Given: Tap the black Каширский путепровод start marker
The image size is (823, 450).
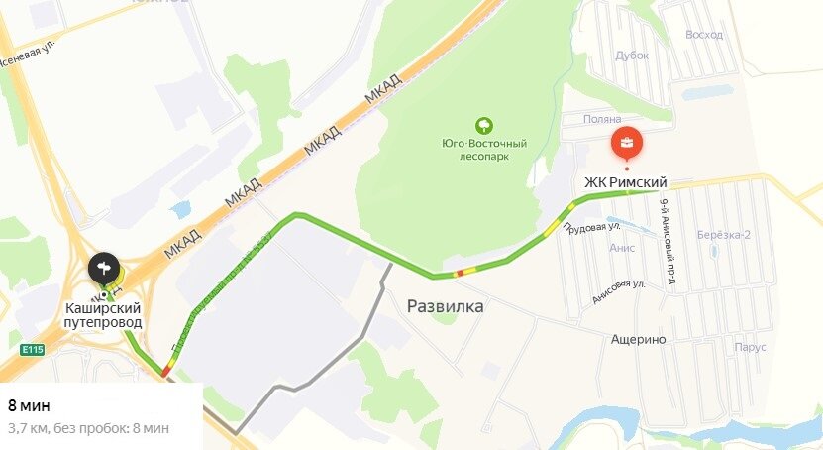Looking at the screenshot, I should coord(104,268).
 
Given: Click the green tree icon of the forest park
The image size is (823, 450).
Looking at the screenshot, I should coord(484,126).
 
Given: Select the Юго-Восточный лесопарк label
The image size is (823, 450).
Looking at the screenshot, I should coord(484,150).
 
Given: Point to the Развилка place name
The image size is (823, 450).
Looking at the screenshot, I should coord(446,306).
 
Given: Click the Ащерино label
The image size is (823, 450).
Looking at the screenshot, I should coord(638,339).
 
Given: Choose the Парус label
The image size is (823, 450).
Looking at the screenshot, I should coord(752,348).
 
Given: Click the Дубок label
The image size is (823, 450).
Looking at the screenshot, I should coord(631,56).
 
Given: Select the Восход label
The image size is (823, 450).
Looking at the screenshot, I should coord(703,35).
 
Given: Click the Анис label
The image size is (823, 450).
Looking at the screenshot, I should coord(623,249).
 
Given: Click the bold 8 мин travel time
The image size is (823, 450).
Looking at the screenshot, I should coord(29,405).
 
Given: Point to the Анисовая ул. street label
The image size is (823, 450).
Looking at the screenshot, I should coord(619,290).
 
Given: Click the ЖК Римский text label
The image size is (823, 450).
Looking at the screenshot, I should coord(625,182).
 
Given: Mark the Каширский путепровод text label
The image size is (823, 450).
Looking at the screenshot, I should coord(103,315).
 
